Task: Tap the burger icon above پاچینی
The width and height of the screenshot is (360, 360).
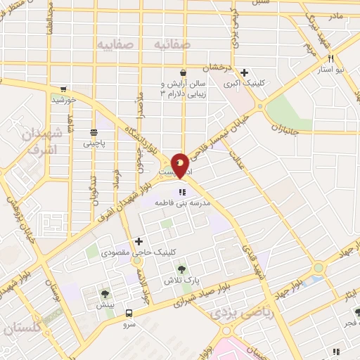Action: pos(93,132)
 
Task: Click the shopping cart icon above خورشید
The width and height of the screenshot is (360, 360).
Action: pos(64,89)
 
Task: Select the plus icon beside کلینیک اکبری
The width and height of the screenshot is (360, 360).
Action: pos(244,72)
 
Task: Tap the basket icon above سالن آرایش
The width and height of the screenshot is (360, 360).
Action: pos(183,72)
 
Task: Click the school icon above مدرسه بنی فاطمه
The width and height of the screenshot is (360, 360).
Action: pos(182,191)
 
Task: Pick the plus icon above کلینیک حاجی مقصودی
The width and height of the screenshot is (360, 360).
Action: pos(139,242)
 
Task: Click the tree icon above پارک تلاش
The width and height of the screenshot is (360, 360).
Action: pos(183,269)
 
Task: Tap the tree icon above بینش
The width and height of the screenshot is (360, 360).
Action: pos(105,295)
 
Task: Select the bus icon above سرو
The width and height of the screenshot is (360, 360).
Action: pos(129,314)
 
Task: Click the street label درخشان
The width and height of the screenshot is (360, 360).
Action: pos(217,68)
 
